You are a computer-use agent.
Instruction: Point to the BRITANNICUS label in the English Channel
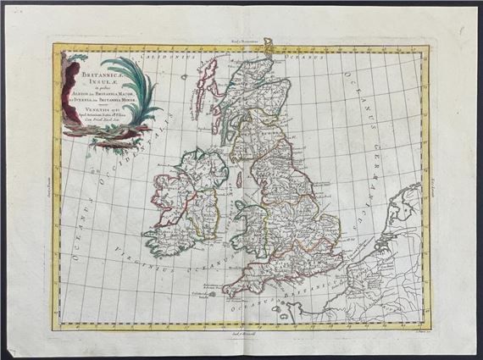click(x=339, y=298)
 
